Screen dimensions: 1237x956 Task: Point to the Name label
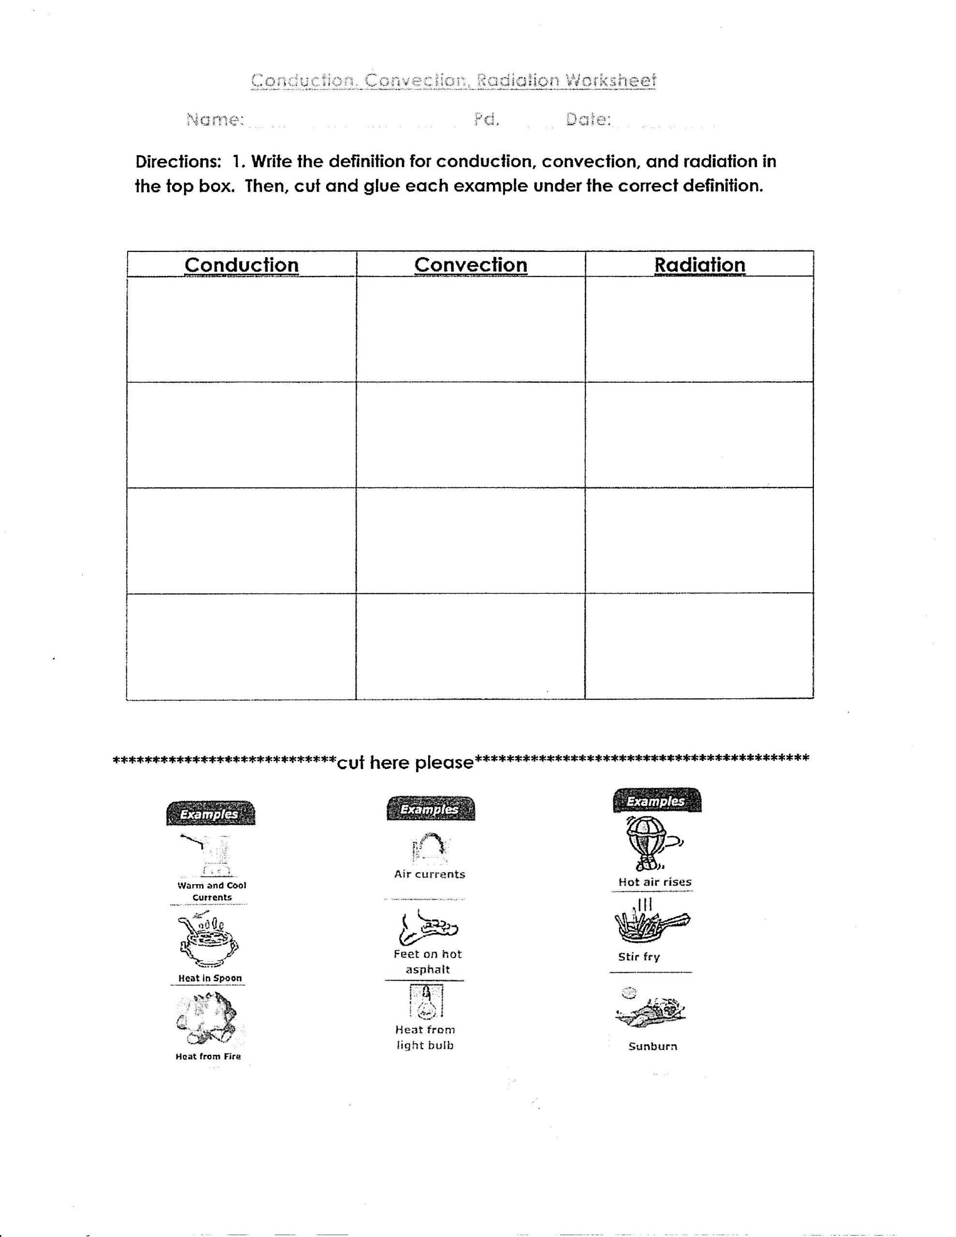coord(215,119)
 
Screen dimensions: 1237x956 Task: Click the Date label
coord(588,119)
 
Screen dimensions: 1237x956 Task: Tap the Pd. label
coord(486,119)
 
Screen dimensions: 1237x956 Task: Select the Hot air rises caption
coord(654,882)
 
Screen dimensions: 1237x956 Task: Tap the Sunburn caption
coord(653,1046)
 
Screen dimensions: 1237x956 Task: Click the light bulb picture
coord(426,1001)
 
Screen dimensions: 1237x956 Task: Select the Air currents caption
coord(430,874)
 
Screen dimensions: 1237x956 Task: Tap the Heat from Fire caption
coord(208,1056)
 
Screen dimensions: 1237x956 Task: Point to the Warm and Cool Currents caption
coord(212,891)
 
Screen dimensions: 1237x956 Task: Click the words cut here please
coord(405,762)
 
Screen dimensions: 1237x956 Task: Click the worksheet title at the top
coord(453,80)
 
